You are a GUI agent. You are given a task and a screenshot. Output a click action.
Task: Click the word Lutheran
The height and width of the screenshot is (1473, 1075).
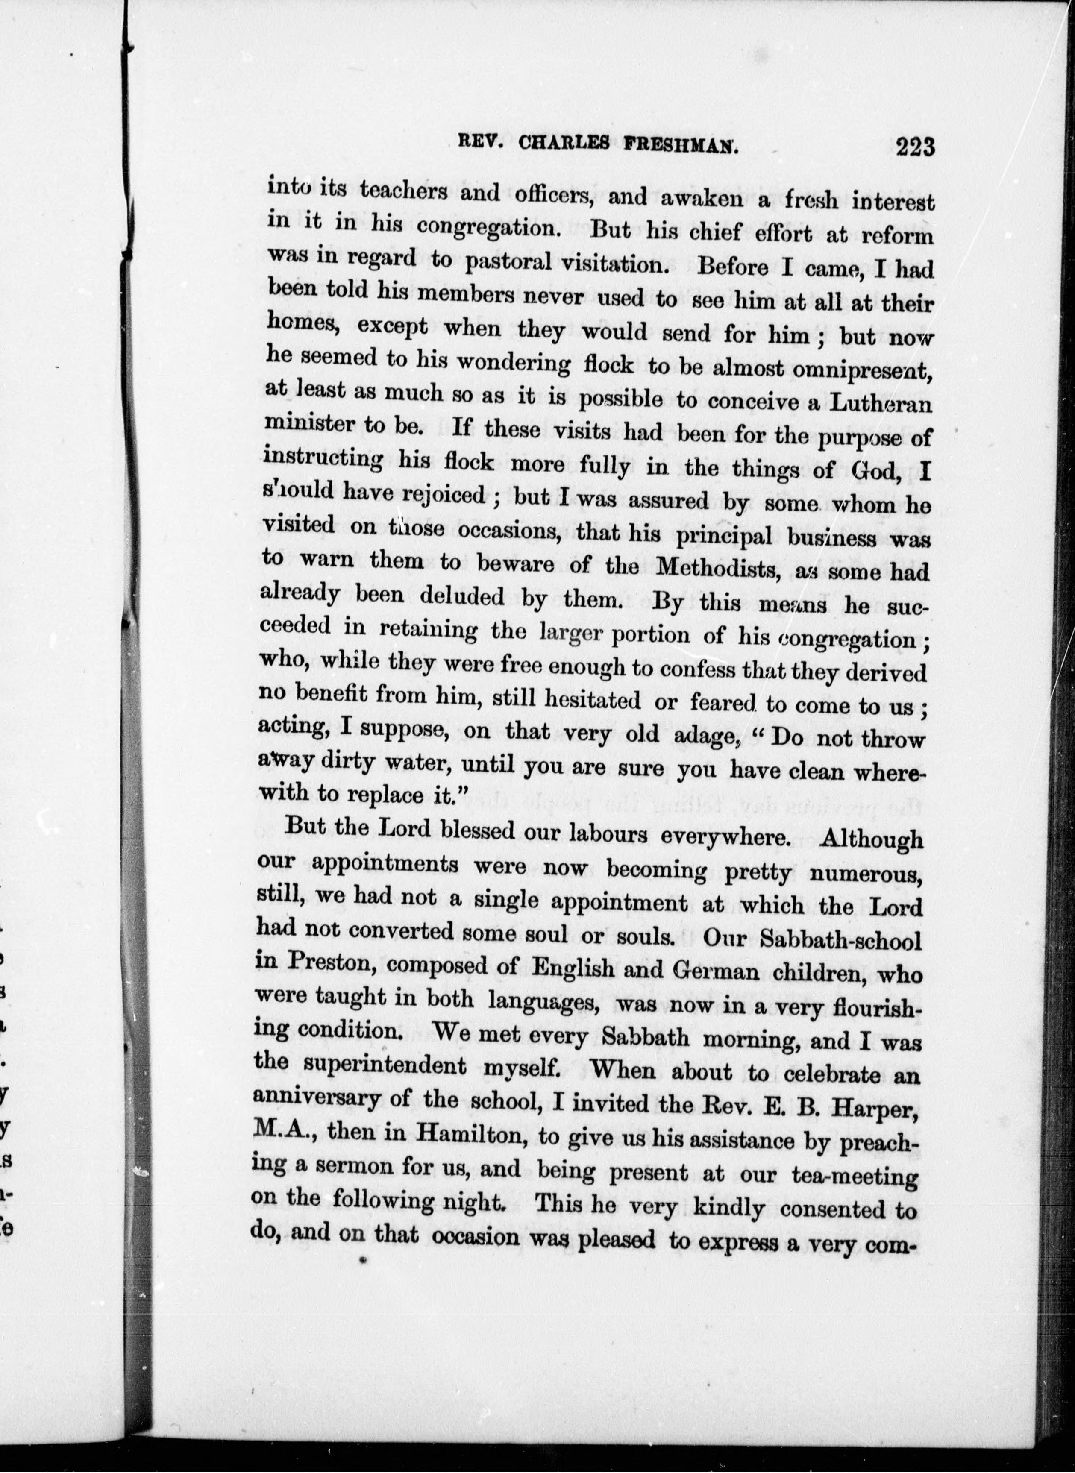point(881,404)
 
